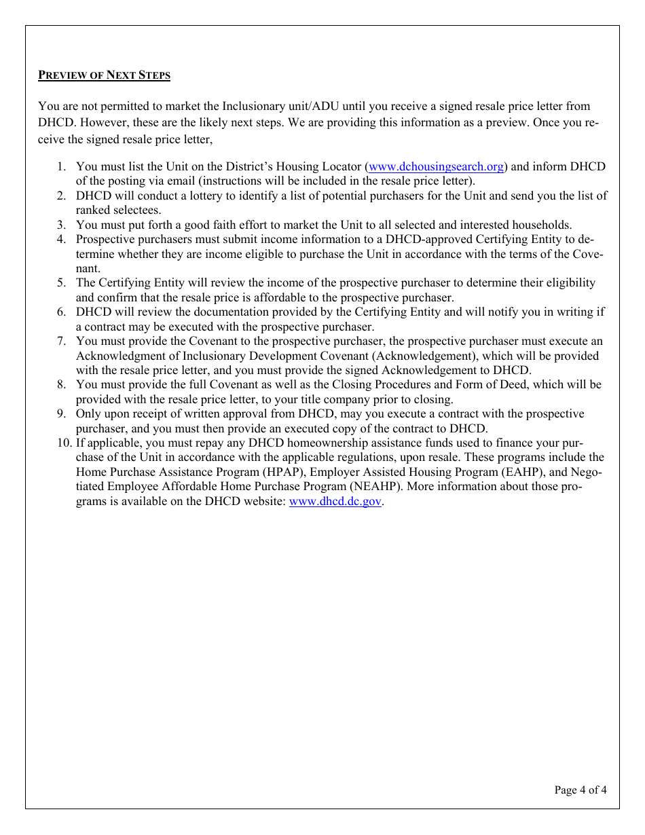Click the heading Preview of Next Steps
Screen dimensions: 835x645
point(104,75)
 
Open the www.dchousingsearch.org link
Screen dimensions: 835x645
point(435,167)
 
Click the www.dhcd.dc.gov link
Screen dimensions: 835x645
point(335,502)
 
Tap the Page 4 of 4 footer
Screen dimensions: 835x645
point(580,790)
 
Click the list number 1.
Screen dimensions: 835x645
point(60,167)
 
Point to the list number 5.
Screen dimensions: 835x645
point(60,283)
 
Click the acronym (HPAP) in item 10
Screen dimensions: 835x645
point(277,472)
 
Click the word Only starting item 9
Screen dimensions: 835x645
point(88,414)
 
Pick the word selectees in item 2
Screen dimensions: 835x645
point(138,210)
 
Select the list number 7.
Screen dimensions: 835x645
point(60,341)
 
